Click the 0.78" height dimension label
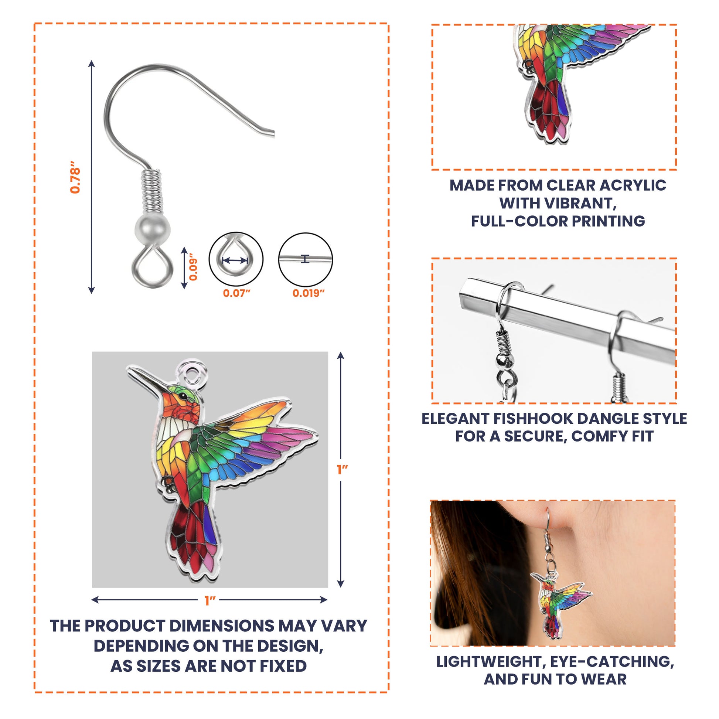[75, 177]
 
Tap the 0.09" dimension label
[193, 267]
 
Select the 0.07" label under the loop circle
[236, 293]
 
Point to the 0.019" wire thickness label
[309, 293]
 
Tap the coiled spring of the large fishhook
[152, 192]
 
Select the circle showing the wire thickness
[306, 259]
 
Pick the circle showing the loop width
[236, 259]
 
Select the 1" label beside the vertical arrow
[342, 470]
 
